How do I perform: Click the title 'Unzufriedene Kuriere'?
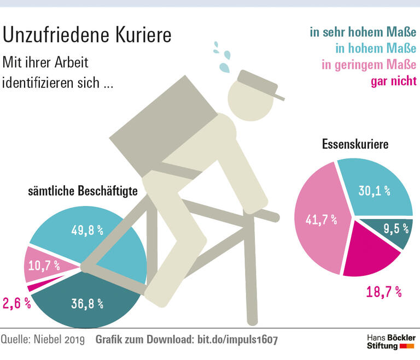87,35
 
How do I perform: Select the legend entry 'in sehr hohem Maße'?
363,32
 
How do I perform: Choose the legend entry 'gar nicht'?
393,81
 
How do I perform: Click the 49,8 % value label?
87,230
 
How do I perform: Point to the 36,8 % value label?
87,304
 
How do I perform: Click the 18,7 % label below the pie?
383,292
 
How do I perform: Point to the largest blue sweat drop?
225,67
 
